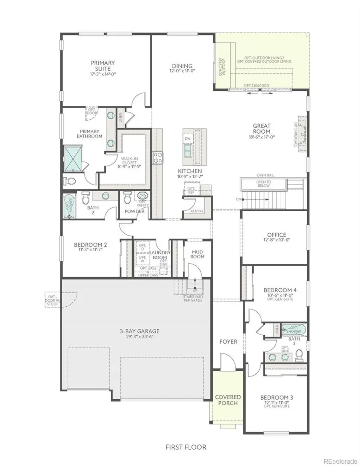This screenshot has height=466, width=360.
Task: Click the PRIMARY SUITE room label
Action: (103, 63)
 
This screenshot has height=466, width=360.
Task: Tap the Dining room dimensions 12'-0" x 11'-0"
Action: (182, 71)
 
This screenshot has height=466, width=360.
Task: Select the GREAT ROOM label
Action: (261, 128)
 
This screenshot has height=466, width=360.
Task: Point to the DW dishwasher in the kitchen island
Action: (188, 138)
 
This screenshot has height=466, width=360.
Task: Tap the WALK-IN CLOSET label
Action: (130, 161)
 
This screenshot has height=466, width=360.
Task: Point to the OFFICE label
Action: (276, 235)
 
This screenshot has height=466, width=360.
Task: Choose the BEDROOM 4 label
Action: (280, 290)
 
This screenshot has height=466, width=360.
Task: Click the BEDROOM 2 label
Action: (90, 245)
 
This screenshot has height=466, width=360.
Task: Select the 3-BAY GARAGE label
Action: (140, 331)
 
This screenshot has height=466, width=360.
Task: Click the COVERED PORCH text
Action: (228, 400)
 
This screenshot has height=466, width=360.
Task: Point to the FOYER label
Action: (228, 342)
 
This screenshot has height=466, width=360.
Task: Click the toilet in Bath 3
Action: (299, 354)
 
